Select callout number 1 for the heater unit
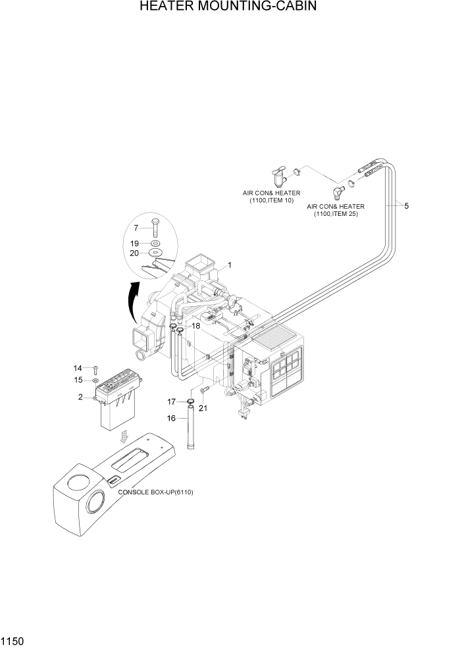tap(230, 265)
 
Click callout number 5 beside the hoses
tap(406, 206)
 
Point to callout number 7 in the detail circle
tap(136, 228)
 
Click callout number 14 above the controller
tap(78, 368)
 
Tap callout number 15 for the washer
tap(78, 380)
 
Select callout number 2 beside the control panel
tap(80, 397)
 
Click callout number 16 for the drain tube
tap(170, 417)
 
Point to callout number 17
tap(170, 402)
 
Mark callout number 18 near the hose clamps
tap(195, 326)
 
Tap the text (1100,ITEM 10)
tap(271, 201)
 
